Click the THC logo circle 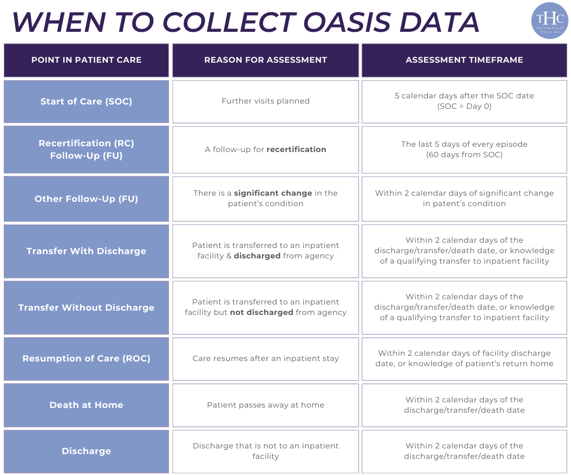coord(550,20)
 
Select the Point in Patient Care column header coord(86,60)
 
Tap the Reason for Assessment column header coord(266,60)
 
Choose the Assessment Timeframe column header coord(464,60)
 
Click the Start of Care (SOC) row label coord(86,101)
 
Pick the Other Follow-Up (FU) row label coord(86,199)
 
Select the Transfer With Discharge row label coord(86,251)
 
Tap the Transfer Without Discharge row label coord(86,307)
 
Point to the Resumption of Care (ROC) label coord(86,359)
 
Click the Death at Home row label coord(86,405)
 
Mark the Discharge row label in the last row coord(86,451)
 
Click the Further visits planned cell coord(266,101)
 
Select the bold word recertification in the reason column coord(296,150)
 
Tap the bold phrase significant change coord(273,193)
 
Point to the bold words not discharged coord(261,313)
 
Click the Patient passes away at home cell coord(266,405)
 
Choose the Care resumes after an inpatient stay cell coord(266,359)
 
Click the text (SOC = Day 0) coord(464,106)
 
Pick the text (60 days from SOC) coord(464,155)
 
